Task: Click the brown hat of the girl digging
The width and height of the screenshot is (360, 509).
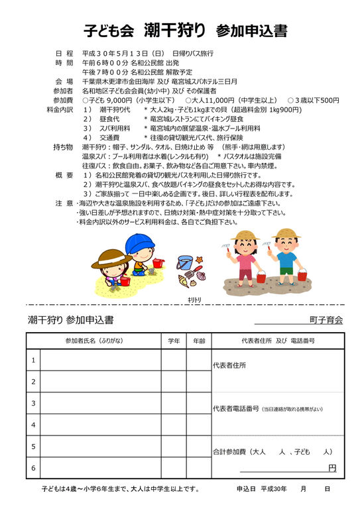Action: click(x=111, y=256)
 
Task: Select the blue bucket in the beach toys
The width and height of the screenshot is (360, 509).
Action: click(x=184, y=262)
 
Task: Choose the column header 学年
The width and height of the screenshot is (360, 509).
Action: click(x=174, y=340)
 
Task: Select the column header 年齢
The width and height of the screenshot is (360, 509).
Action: click(x=198, y=340)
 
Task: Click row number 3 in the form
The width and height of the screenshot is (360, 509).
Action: click(x=33, y=402)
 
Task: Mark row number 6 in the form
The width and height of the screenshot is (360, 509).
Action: click(x=33, y=468)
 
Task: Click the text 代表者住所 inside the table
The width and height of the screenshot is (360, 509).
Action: click(x=229, y=365)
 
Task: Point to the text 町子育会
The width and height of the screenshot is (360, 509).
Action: click(x=330, y=319)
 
